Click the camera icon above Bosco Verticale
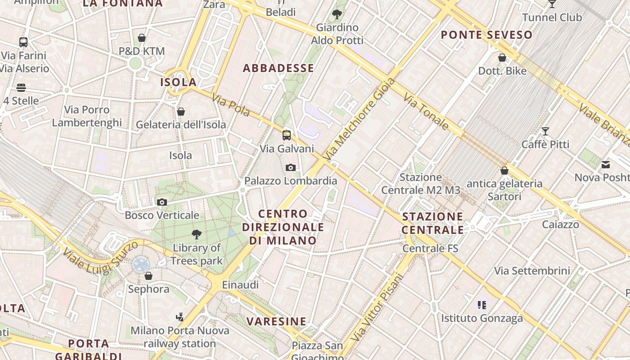coord(162,202)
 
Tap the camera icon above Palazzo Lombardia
coord(291,168)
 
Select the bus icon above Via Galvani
coord(287,135)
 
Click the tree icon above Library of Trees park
coord(196,234)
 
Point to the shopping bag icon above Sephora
coord(148,275)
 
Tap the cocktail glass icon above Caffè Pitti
coord(545,131)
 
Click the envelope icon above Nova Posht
coord(606,165)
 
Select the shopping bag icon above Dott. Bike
coord(502,58)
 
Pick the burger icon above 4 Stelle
coord(21,87)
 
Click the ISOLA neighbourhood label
coord(179,82)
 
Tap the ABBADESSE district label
coord(279,68)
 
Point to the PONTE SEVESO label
coord(486,35)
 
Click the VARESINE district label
coord(276,321)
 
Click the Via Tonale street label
coord(426,111)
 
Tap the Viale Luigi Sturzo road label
coord(100,258)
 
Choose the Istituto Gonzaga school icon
coord(482,305)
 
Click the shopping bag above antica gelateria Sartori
coord(504,171)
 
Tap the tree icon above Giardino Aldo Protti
coord(337,14)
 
